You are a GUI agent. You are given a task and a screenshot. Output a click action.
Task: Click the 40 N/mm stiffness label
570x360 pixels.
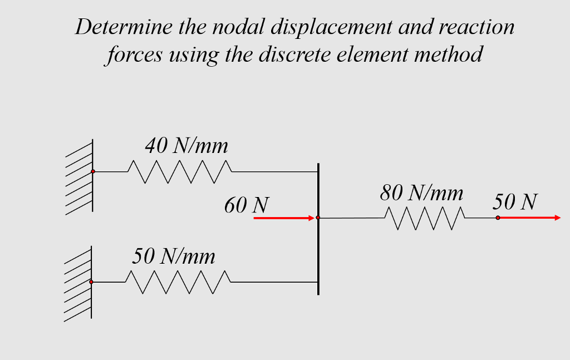[186, 146]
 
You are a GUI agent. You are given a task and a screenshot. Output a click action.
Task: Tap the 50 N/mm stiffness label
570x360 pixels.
[174, 256]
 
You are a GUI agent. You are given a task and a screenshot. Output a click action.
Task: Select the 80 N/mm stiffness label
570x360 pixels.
[421, 193]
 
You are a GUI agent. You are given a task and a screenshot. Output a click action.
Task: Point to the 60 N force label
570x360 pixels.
[247, 205]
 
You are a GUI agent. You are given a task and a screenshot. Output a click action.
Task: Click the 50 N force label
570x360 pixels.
[515, 201]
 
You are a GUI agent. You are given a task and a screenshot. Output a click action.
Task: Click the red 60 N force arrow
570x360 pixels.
[284, 218]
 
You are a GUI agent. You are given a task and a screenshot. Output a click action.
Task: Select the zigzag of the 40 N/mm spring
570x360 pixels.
[180, 171]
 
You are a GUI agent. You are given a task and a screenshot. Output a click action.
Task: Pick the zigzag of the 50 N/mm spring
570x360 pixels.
[178, 282]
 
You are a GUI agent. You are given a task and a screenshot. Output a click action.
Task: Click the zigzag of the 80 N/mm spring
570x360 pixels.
[425, 218]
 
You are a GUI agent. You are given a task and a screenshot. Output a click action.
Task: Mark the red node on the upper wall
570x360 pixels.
[93, 171]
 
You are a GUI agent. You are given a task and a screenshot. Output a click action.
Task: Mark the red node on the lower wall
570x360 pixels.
[91, 282]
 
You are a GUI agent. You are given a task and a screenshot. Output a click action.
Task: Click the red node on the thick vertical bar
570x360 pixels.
[318, 218]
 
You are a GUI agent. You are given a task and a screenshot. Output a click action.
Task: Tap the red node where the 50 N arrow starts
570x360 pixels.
[498, 218]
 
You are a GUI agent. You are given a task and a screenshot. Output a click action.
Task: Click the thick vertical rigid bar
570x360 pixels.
[318, 229]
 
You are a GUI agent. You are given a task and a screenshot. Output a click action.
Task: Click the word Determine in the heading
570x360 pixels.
[124, 27]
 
